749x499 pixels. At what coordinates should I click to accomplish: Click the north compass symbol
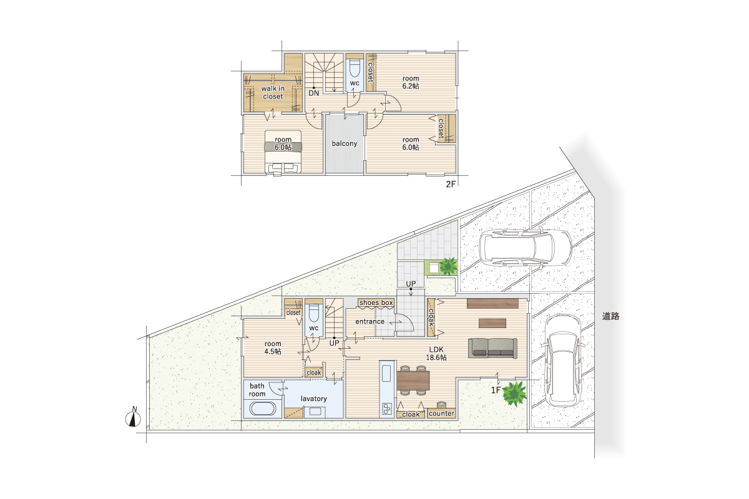pos(133,418)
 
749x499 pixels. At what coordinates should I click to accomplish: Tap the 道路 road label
pos(610,316)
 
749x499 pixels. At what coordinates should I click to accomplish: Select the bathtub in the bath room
pos(263,409)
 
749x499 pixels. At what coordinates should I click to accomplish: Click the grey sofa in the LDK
pos(492,348)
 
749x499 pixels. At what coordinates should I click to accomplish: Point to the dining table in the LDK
pos(413,380)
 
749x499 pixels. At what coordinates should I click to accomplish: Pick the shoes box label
pos(376,303)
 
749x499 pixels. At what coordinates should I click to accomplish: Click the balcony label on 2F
pos(345,143)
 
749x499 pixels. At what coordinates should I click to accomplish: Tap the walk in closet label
pos(273,92)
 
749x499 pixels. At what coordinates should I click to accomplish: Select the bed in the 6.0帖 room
pos(283,152)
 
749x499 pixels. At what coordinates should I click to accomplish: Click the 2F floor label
pos(451,184)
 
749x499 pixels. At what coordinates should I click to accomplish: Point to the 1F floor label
pos(496,390)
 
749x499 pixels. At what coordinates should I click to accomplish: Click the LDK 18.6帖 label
pos(436,353)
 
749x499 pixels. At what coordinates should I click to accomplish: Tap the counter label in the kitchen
pos(441,414)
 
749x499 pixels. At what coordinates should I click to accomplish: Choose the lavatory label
pos(313,399)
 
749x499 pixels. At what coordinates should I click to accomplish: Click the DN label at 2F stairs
pos(313,93)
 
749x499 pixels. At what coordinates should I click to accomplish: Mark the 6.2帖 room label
pos(411,82)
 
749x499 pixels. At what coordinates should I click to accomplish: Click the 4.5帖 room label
pos(273,347)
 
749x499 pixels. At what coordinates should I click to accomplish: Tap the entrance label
pos(370,321)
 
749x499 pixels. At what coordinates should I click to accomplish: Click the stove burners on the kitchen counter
pos(387,409)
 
